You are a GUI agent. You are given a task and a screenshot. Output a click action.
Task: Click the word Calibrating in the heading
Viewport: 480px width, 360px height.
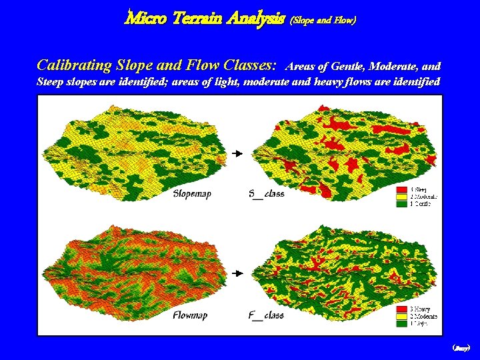[x=73, y=65]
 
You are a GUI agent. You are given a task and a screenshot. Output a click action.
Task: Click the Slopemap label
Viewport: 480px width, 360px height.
[x=193, y=194]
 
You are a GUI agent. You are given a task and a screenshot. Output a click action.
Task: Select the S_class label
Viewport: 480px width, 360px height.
[x=266, y=194]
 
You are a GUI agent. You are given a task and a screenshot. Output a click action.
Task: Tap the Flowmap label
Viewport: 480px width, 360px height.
[x=191, y=315]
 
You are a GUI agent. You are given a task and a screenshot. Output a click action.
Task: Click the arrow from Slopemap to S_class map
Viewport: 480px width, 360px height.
[x=236, y=154]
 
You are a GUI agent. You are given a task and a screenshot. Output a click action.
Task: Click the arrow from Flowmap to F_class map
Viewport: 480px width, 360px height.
[x=236, y=273]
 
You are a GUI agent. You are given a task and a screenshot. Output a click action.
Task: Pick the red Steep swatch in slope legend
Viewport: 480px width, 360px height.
[x=402, y=190]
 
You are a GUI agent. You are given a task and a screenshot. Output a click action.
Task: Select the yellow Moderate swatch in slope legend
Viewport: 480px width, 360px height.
[x=402, y=197]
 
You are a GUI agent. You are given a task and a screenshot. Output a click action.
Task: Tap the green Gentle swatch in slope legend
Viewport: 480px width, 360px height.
[x=402, y=203]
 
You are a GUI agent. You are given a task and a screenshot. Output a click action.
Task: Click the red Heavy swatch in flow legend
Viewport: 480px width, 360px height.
[x=402, y=309]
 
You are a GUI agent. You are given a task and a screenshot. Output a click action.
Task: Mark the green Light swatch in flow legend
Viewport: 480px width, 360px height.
[x=402, y=323]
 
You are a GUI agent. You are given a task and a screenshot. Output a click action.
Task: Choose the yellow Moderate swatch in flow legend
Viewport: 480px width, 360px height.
[x=402, y=316]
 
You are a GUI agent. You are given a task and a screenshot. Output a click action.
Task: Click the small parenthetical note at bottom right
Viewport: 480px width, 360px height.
[x=461, y=348]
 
